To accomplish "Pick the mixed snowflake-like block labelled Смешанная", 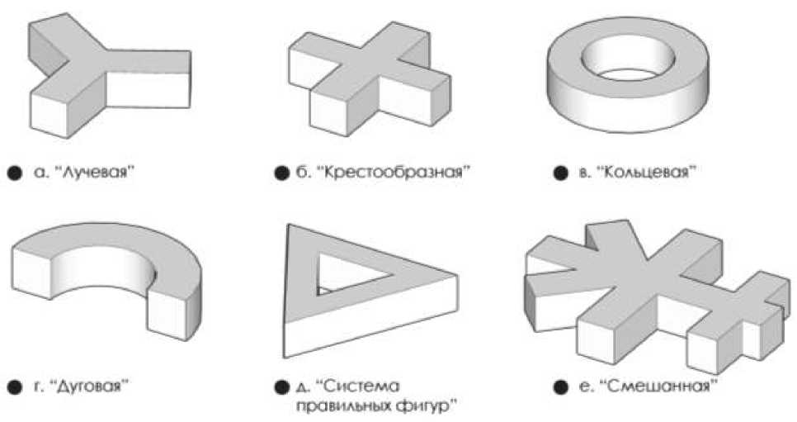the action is [x=656, y=285].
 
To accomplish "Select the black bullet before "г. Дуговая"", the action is [x=14, y=386].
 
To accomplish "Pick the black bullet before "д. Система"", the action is [x=279, y=386].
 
